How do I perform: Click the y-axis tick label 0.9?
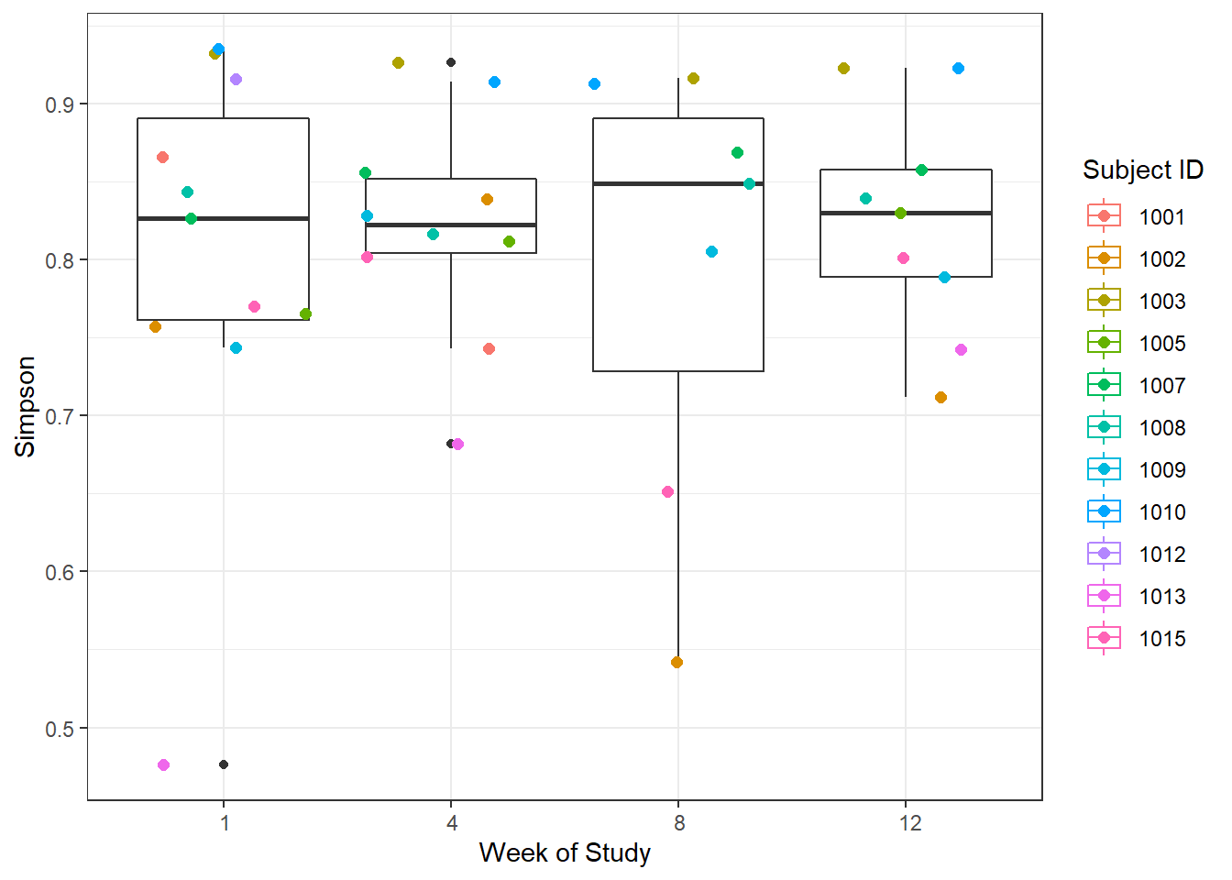(x=60, y=104)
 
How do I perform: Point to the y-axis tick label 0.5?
(x=60, y=729)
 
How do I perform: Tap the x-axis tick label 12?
(x=909, y=823)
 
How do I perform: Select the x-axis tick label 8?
(x=678, y=823)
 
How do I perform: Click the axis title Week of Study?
(x=565, y=853)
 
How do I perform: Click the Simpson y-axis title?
(x=26, y=406)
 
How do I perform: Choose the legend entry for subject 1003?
(x=1161, y=302)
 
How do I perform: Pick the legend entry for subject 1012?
(x=1161, y=555)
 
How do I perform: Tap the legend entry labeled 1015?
(x=1161, y=639)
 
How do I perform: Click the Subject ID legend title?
(x=1142, y=170)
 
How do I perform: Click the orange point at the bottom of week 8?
(x=676, y=663)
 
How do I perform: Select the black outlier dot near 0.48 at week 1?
(x=224, y=764)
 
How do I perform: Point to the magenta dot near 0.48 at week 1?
(x=163, y=765)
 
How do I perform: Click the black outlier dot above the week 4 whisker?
(x=451, y=62)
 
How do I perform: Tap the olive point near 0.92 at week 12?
(x=843, y=69)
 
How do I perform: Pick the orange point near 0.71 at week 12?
(x=940, y=398)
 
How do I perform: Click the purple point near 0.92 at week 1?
(x=236, y=80)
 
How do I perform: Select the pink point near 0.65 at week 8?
(x=667, y=492)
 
